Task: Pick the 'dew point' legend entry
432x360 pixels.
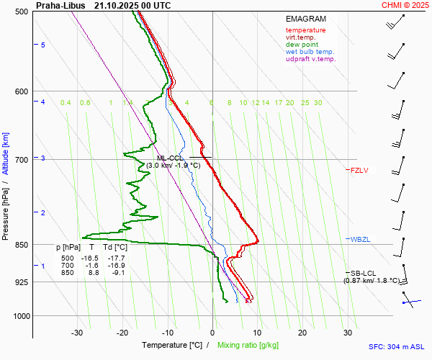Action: [x=301, y=45]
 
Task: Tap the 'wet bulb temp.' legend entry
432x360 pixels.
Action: [x=310, y=52]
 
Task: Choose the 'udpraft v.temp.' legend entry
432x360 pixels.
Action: [x=310, y=59]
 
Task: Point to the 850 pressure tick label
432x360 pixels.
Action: [x=22, y=246]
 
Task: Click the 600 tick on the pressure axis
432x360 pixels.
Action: [x=22, y=91]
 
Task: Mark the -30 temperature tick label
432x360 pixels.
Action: [x=77, y=333]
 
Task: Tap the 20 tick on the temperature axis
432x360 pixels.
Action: [x=302, y=333]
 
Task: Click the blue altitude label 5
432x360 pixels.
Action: [x=43, y=45]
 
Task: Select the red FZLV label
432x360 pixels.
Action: [x=359, y=171]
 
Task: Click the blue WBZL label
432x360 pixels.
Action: [x=360, y=239]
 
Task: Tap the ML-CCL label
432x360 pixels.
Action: [x=170, y=158]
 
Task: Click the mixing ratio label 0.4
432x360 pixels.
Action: [x=66, y=103]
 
